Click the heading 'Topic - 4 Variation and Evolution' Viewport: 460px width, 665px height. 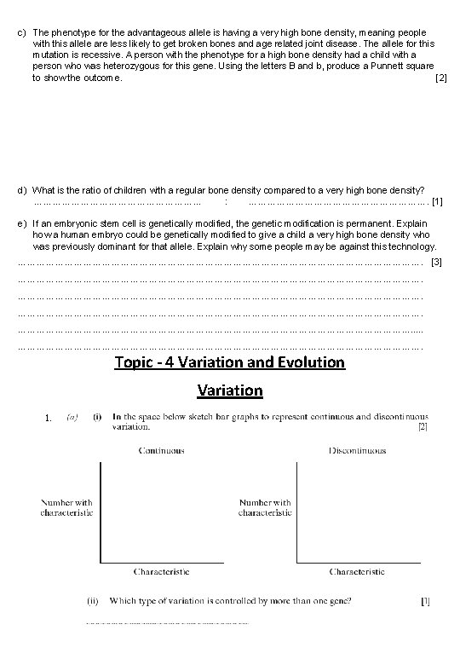click(230, 362)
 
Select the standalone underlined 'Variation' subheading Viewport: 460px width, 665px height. click(230, 390)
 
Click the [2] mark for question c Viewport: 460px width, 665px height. click(440, 78)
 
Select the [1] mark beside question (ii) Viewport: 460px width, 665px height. click(425, 601)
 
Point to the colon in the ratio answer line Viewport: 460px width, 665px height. click(225, 202)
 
